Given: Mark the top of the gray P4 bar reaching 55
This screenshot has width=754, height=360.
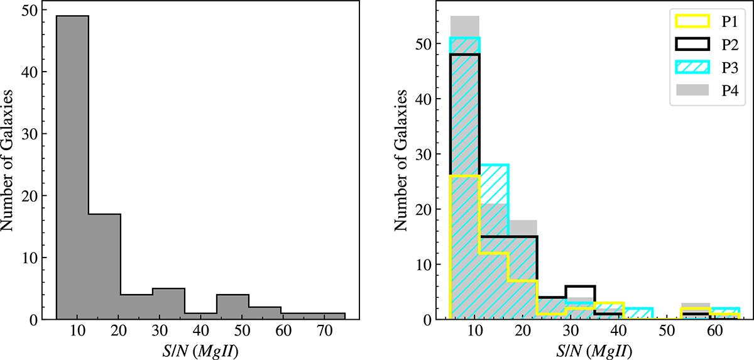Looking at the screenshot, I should point(465,17).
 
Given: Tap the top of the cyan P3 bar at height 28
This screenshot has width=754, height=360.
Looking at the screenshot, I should point(494,165).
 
